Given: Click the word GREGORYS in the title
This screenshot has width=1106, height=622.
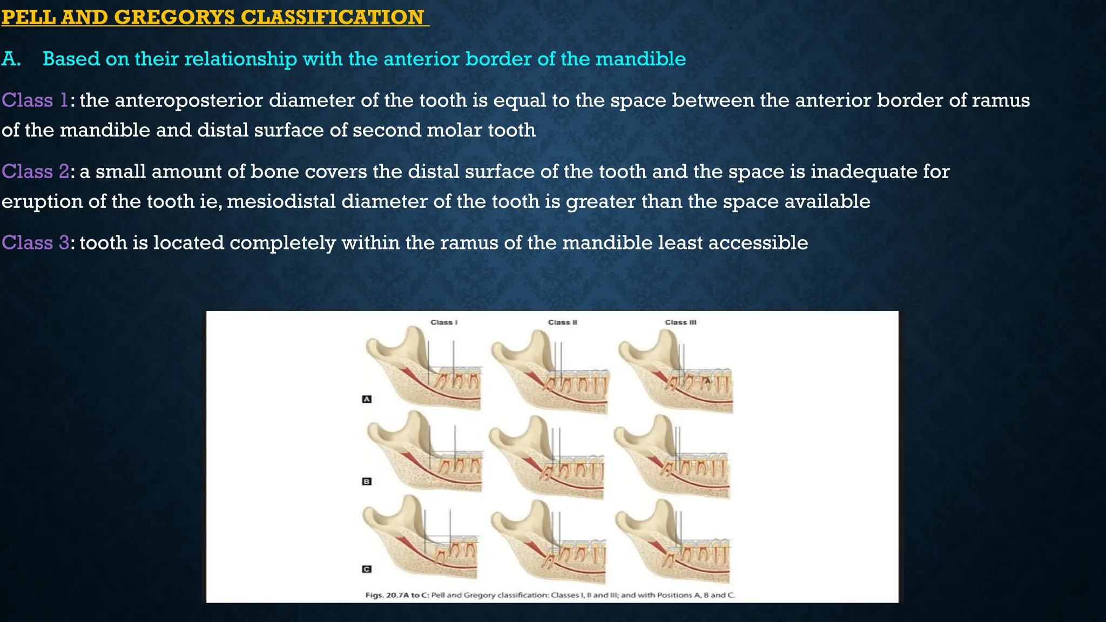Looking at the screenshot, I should point(174,17).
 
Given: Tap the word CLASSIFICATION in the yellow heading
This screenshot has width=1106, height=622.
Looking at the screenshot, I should point(332,17).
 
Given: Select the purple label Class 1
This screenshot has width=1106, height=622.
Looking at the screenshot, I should point(35,100).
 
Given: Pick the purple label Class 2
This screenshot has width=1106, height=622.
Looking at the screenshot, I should point(35,172).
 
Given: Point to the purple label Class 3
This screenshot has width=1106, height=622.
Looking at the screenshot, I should point(35,243).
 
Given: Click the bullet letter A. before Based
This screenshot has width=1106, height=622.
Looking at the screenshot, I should point(11,59).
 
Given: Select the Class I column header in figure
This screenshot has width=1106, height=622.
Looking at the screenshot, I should point(444,322).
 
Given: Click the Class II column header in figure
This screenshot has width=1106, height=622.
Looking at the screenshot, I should point(562,322).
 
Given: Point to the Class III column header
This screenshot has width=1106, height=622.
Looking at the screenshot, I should point(680,322).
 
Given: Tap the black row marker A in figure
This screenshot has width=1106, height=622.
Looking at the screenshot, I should point(367,400).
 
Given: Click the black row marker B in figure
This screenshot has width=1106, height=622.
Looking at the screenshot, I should point(367,482).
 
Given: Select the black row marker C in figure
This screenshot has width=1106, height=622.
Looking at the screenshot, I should point(367,569).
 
